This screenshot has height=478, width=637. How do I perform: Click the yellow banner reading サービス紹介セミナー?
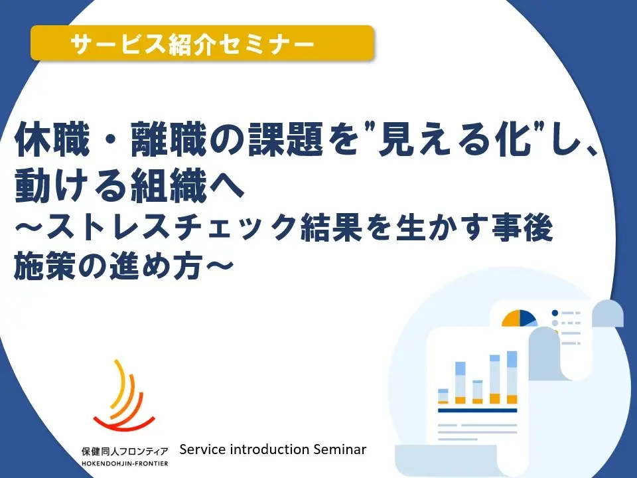click(x=202, y=43)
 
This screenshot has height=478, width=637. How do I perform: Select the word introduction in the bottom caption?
click(x=269, y=449)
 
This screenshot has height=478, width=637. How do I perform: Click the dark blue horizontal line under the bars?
click(x=477, y=410)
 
